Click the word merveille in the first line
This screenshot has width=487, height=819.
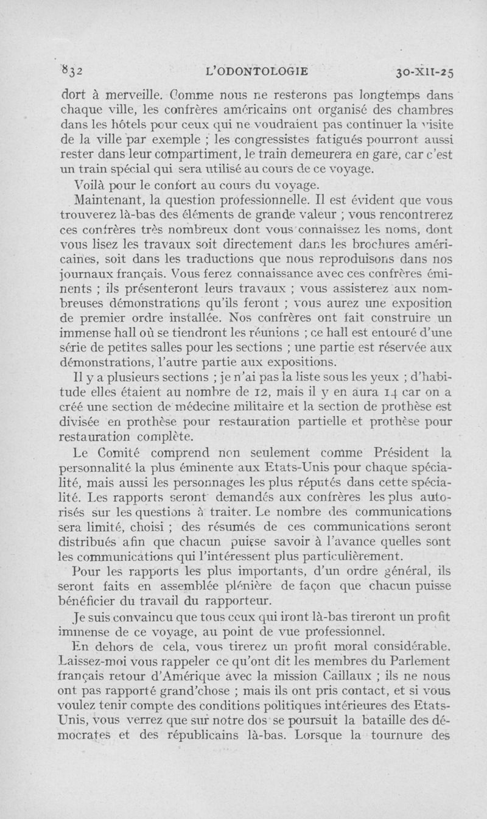(x=124, y=95)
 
